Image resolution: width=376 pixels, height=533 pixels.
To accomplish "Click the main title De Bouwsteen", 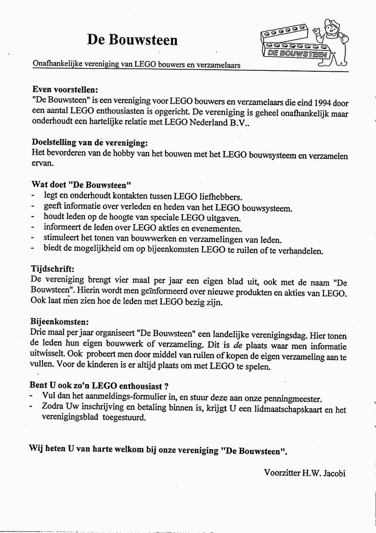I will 132,41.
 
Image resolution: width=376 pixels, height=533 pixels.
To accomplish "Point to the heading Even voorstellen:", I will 65,89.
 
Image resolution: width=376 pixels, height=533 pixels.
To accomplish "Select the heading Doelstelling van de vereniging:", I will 90,142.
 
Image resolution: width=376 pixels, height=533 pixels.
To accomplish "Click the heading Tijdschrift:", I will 54,269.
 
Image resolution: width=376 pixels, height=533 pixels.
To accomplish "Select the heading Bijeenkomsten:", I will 60,322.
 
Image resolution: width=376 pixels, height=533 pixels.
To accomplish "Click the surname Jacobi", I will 334,473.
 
